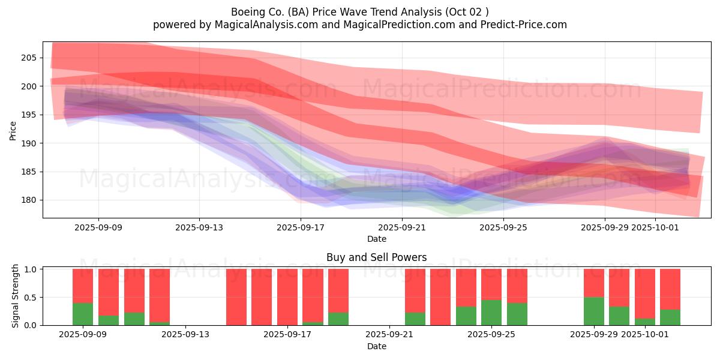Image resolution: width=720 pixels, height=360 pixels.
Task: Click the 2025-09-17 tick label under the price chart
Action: coord(301,227)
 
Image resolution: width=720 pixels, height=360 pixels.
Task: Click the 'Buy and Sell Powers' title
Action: coord(376,257)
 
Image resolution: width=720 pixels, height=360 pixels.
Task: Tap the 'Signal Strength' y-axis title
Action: coord(16,296)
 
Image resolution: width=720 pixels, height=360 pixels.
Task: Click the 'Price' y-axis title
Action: coord(13,130)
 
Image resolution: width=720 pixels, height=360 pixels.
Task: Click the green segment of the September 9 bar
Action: coord(83,314)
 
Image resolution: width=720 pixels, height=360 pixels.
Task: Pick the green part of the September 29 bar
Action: coord(594,311)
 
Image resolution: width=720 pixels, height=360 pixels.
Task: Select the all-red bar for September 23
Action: coord(440,297)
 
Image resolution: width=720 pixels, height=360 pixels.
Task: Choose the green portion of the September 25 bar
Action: coord(491,312)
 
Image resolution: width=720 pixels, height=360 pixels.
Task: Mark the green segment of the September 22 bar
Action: coord(415,319)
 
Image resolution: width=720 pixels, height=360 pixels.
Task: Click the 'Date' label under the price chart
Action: coord(376,239)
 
